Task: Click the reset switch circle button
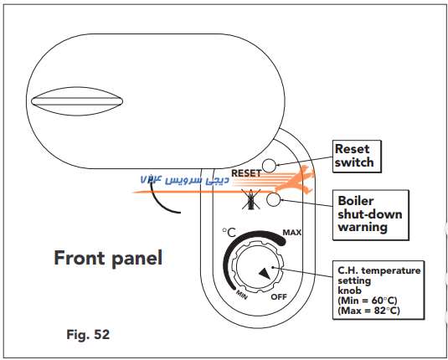(x=269, y=166)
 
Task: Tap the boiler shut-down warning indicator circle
(x=274, y=199)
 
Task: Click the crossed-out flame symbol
(x=251, y=199)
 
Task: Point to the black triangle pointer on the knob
(x=265, y=274)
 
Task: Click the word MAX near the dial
(x=291, y=233)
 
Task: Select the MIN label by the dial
(x=241, y=295)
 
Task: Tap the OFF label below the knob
(x=279, y=297)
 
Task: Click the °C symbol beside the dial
(x=229, y=233)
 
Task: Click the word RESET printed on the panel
(x=246, y=173)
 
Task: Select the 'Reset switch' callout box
(x=357, y=157)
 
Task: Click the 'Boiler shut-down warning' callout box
(x=371, y=215)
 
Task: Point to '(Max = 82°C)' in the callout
(x=368, y=311)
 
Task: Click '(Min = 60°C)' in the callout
(x=368, y=301)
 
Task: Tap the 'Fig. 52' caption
(x=88, y=334)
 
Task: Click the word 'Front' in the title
(x=80, y=258)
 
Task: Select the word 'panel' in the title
(x=136, y=259)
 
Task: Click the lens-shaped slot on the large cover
(x=77, y=101)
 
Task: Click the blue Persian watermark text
(x=184, y=179)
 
